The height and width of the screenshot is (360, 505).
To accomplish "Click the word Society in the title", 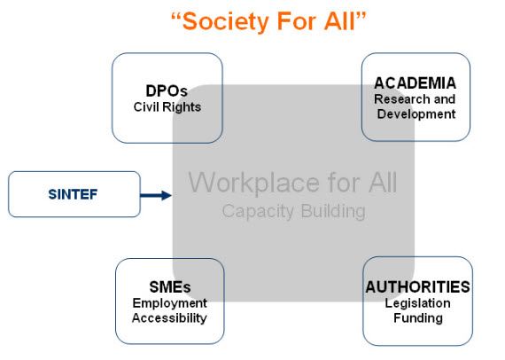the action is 225,22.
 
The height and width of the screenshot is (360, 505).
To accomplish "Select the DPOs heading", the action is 167,90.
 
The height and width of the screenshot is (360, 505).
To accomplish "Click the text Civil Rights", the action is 167,107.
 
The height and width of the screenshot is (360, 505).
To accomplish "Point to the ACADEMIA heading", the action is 415,83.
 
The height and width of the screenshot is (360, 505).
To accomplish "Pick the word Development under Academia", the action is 416,114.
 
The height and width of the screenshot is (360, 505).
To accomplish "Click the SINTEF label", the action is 73,194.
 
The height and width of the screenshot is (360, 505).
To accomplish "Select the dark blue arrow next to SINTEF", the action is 156,195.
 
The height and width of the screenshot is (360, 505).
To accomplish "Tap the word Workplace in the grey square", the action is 253,183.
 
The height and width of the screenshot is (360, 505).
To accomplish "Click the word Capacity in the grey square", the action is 258,212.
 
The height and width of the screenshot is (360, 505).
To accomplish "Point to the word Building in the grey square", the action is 333,211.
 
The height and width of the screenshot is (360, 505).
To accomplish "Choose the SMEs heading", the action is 170,286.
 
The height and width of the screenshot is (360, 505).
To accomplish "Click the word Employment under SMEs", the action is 170,303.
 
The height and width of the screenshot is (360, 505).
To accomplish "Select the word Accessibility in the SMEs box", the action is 169,318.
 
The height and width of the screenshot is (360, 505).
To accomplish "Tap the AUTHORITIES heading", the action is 417,286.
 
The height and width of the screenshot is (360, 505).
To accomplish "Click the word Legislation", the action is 417,303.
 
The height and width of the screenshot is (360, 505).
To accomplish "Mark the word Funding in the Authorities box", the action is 418,318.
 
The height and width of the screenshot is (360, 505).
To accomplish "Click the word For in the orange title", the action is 296,21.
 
